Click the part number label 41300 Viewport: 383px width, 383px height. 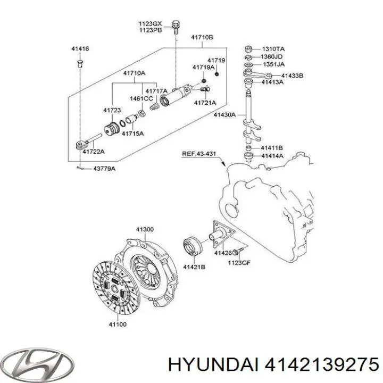click(x=144, y=229)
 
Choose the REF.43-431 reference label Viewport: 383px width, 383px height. click(x=199, y=154)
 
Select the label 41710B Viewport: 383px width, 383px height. click(x=202, y=38)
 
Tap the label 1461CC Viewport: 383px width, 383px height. click(x=141, y=99)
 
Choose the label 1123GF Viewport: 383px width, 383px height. click(x=238, y=262)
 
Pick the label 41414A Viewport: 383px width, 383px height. click(x=272, y=156)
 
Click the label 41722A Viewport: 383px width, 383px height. click(x=93, y=152)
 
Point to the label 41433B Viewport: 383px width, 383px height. click(x=292, y=76)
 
